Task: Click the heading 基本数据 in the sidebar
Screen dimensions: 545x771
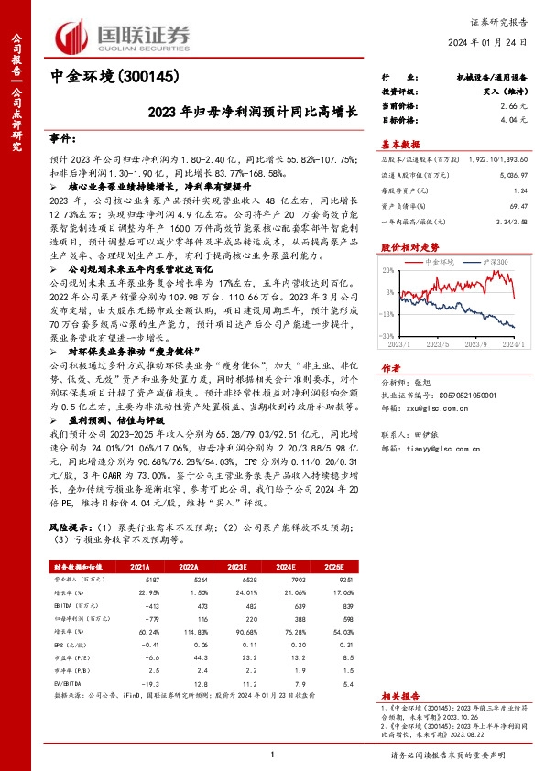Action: [x=401, y=144]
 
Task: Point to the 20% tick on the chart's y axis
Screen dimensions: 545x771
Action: [x=390, y=270]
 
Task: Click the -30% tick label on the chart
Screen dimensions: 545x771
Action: [x=388, y=336]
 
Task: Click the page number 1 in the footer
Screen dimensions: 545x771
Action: [x=273, y=754]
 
